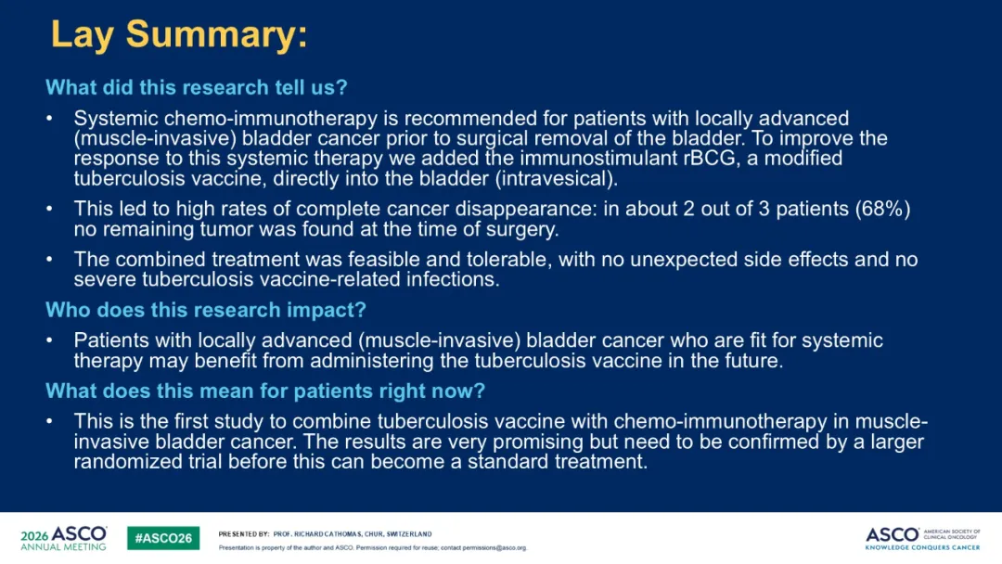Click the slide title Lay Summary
pos(179,35)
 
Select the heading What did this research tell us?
pos(196,87)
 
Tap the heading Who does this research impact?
pos(206,310)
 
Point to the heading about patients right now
pos(265,391)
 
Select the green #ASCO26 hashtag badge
pos(163,538)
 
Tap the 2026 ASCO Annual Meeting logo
pos(63,538)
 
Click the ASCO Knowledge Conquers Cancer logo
pos(922,538)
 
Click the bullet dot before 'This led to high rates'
pos(49,208)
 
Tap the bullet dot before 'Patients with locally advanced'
pos(49,340)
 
